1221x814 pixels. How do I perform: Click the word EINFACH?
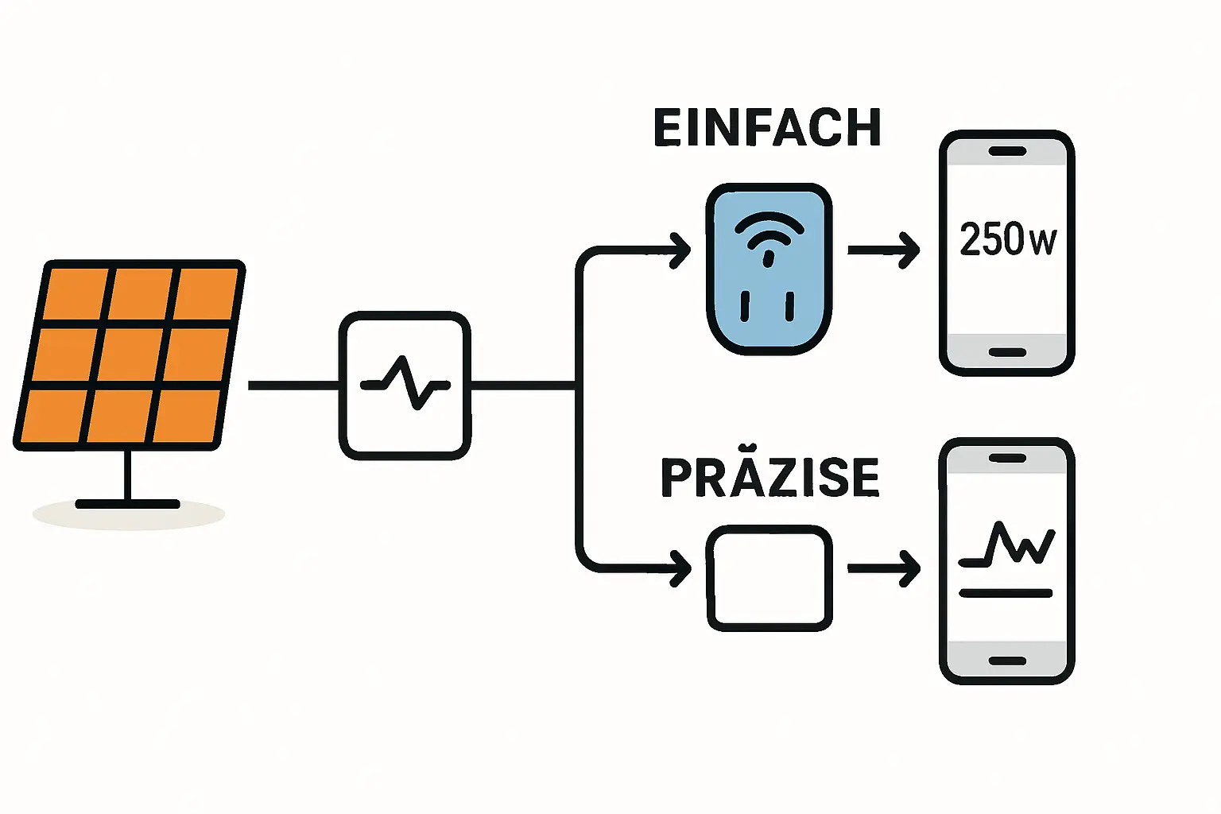point(767,128)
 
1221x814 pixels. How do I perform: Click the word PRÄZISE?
point(769,478)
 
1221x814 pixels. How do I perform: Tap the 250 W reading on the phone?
point(1007,238)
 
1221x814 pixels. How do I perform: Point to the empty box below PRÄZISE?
point(769,578)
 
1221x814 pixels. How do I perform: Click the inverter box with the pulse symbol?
point(405,386)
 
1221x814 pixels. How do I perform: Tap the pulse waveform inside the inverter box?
point(405,382)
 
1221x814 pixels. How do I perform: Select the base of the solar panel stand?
point(127,504)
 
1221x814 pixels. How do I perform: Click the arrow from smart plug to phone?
point(883,250)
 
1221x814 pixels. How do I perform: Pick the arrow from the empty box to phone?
point(883,568)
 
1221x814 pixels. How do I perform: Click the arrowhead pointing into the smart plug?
point(682,250)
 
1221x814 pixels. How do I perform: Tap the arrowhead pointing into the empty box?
point(682,568)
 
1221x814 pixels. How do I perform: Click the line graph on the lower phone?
point(1008,545)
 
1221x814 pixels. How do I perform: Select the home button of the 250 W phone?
point(1007,352)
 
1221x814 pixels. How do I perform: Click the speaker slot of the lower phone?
point(1007,459)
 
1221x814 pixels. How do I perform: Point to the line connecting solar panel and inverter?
point(293,386)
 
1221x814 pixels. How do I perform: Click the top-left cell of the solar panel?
point(76,293)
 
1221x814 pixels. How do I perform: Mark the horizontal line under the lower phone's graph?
point(1006,593)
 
